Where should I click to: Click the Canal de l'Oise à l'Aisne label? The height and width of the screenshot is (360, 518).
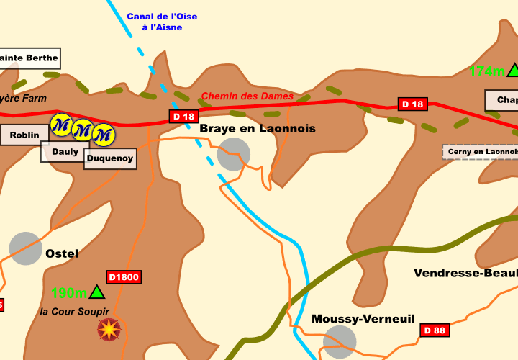pos(162,22)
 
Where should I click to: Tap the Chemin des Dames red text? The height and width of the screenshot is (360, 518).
pos(247,96)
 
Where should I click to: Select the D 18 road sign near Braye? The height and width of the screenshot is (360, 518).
pos(183,117)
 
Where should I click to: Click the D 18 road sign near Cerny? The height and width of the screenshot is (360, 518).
pos(413,104)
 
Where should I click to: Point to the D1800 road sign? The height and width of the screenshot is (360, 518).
pos(124,276)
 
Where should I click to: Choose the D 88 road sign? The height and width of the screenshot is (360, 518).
pos(435,330)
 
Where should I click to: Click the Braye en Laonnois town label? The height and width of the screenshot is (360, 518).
pos(258,128)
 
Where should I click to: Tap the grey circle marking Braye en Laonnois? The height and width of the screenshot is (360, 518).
pos(234,154)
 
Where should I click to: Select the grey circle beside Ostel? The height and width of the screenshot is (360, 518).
pos(26,248)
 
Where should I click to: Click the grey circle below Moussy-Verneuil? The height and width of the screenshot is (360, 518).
pos(340,341)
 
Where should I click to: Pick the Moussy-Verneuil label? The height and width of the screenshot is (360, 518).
pos(363,318)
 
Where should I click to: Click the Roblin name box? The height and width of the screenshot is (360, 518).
pos(24,135)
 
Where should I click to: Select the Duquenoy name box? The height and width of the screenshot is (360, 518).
pos(110,158)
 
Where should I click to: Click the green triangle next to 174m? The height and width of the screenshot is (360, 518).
pos(514,70)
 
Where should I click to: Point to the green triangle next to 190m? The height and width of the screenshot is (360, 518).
pos(97,292)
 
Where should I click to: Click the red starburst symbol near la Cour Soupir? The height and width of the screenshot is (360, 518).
pos(109,329)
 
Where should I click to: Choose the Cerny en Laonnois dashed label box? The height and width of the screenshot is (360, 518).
pos(481,152)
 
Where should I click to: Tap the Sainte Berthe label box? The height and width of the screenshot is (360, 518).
pos(28,58)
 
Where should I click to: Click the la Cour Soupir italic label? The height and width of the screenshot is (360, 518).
pos(75,311)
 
